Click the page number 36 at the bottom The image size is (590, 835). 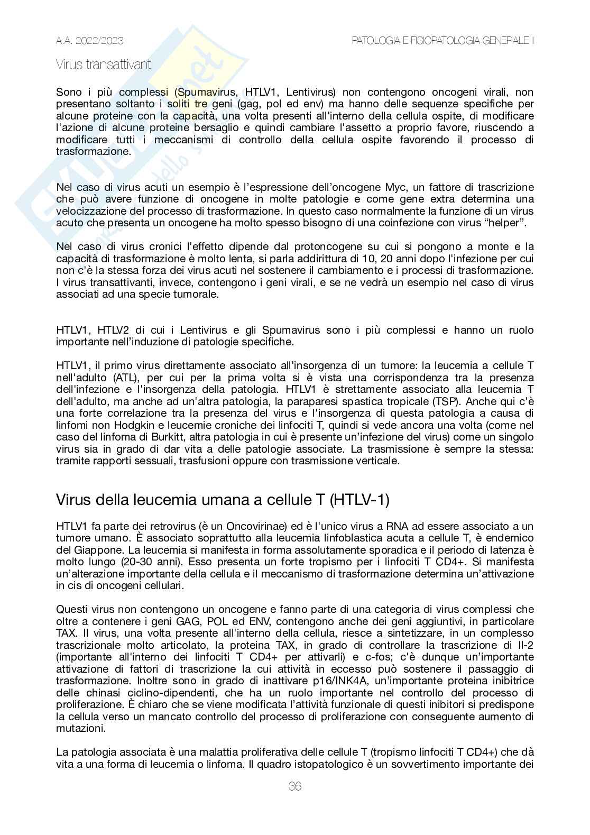click(295, 786)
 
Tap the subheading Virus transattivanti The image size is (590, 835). click(105, 65)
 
